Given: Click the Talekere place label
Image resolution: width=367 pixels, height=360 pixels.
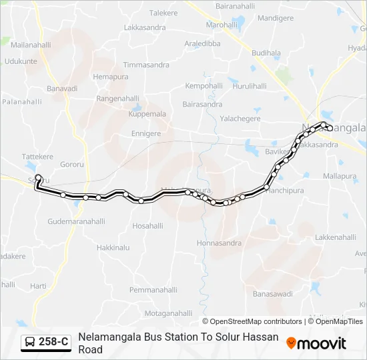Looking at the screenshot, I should (163, 13).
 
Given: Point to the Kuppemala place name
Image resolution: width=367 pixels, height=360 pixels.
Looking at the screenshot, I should (147, 114).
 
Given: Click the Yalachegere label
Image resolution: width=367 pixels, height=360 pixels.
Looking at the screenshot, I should (240, 119).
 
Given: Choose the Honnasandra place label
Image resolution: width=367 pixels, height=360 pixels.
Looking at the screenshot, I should (219, 243).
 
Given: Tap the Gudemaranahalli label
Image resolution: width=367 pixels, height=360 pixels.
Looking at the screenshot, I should (77, 221).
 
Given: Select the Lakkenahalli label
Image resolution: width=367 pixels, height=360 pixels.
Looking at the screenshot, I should (336, 237).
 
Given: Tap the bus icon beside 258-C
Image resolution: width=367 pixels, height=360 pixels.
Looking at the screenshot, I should (30, 342).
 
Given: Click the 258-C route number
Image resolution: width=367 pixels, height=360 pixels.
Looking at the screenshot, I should (53, 342).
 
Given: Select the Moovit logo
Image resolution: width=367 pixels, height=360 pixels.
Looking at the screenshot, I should (316, 343).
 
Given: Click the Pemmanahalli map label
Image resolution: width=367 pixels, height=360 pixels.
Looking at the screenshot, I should (153, 290).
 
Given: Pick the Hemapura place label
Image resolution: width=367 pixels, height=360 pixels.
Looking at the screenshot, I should (110, 77).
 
